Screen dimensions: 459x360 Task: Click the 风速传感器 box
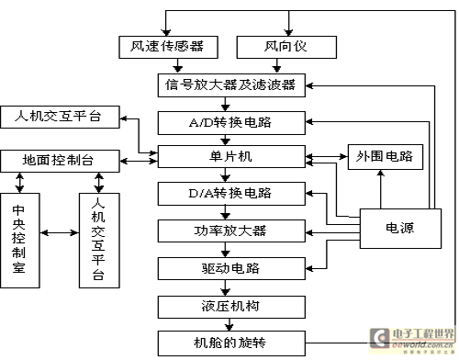[168, 47]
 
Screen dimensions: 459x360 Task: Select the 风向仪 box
[286, 47]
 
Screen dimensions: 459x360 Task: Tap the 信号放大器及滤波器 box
[231, 85]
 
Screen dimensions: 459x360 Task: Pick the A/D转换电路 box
[231, 123]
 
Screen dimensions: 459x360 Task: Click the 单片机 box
[231, 156]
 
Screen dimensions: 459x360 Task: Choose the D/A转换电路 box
[231, 194]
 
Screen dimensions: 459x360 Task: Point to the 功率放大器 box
[231, 231]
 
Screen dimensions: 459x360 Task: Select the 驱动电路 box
[231, 268]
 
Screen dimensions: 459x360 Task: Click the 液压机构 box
[231, 307]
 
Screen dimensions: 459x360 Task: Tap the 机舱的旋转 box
[231, 343]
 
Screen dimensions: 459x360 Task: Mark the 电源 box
[400, 229]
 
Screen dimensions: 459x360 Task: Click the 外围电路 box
[386, 157]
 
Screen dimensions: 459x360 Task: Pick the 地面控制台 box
[60, 161]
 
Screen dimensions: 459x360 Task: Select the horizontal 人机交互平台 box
[60, 117]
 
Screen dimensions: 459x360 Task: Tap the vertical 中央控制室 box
[20, 241]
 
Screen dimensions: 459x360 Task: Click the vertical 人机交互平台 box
[99, 241]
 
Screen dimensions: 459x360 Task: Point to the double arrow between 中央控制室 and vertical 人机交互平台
[60, 233]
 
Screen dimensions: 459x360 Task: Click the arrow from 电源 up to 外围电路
[381, 189]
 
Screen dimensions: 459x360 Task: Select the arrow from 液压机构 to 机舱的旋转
[229, 324]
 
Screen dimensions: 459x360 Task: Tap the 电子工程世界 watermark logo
[412, 341]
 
